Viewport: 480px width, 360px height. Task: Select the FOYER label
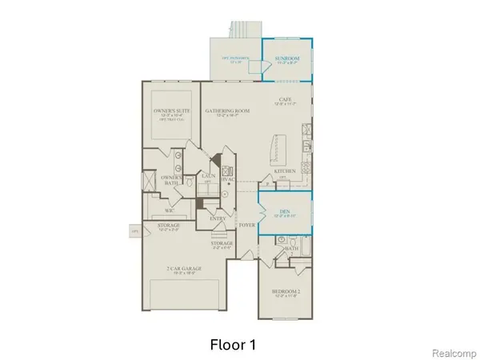pyautogui.click(x=247, y=226)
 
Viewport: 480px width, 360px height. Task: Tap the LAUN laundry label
pyautogui.click(x=209, y=177)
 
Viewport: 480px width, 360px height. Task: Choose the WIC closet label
pyautogui.click(x=170, y=210)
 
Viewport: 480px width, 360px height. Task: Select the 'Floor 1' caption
pyautogui.click(x=233, y=344)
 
